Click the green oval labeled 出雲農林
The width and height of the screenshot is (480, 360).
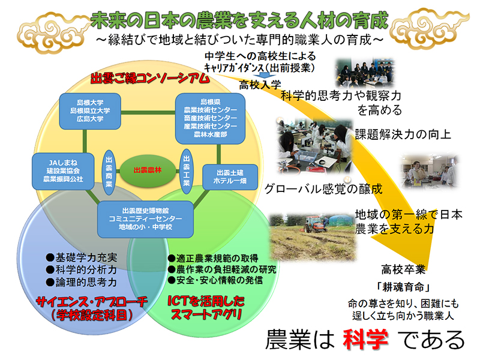(148, 170)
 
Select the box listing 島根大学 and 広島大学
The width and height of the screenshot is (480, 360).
(90, 111)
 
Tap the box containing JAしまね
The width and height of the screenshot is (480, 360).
(63, 171)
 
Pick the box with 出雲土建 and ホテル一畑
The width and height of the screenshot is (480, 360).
(230, 177)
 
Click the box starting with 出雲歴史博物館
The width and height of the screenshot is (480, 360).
(145, 219)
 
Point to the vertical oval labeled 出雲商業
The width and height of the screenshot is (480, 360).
(109, 172)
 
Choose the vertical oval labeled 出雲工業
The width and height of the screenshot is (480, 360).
(187, 172)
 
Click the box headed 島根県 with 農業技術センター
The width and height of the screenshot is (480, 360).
(211, 118)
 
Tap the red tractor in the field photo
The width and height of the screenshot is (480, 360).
(314, 224)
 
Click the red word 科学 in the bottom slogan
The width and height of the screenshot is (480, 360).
(365, 340)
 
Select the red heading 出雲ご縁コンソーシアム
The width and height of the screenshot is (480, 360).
(150, 78)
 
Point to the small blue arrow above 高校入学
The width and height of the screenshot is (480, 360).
(262, 75)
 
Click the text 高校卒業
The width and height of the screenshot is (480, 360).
(403, 269)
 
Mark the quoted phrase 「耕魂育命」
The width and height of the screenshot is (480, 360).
(403, 287)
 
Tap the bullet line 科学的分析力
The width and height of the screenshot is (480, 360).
(82, 269)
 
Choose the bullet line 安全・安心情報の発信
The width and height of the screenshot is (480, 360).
(215, 280)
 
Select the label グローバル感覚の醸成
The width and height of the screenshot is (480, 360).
(323, 189)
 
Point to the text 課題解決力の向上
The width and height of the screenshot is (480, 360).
(403, 134)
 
